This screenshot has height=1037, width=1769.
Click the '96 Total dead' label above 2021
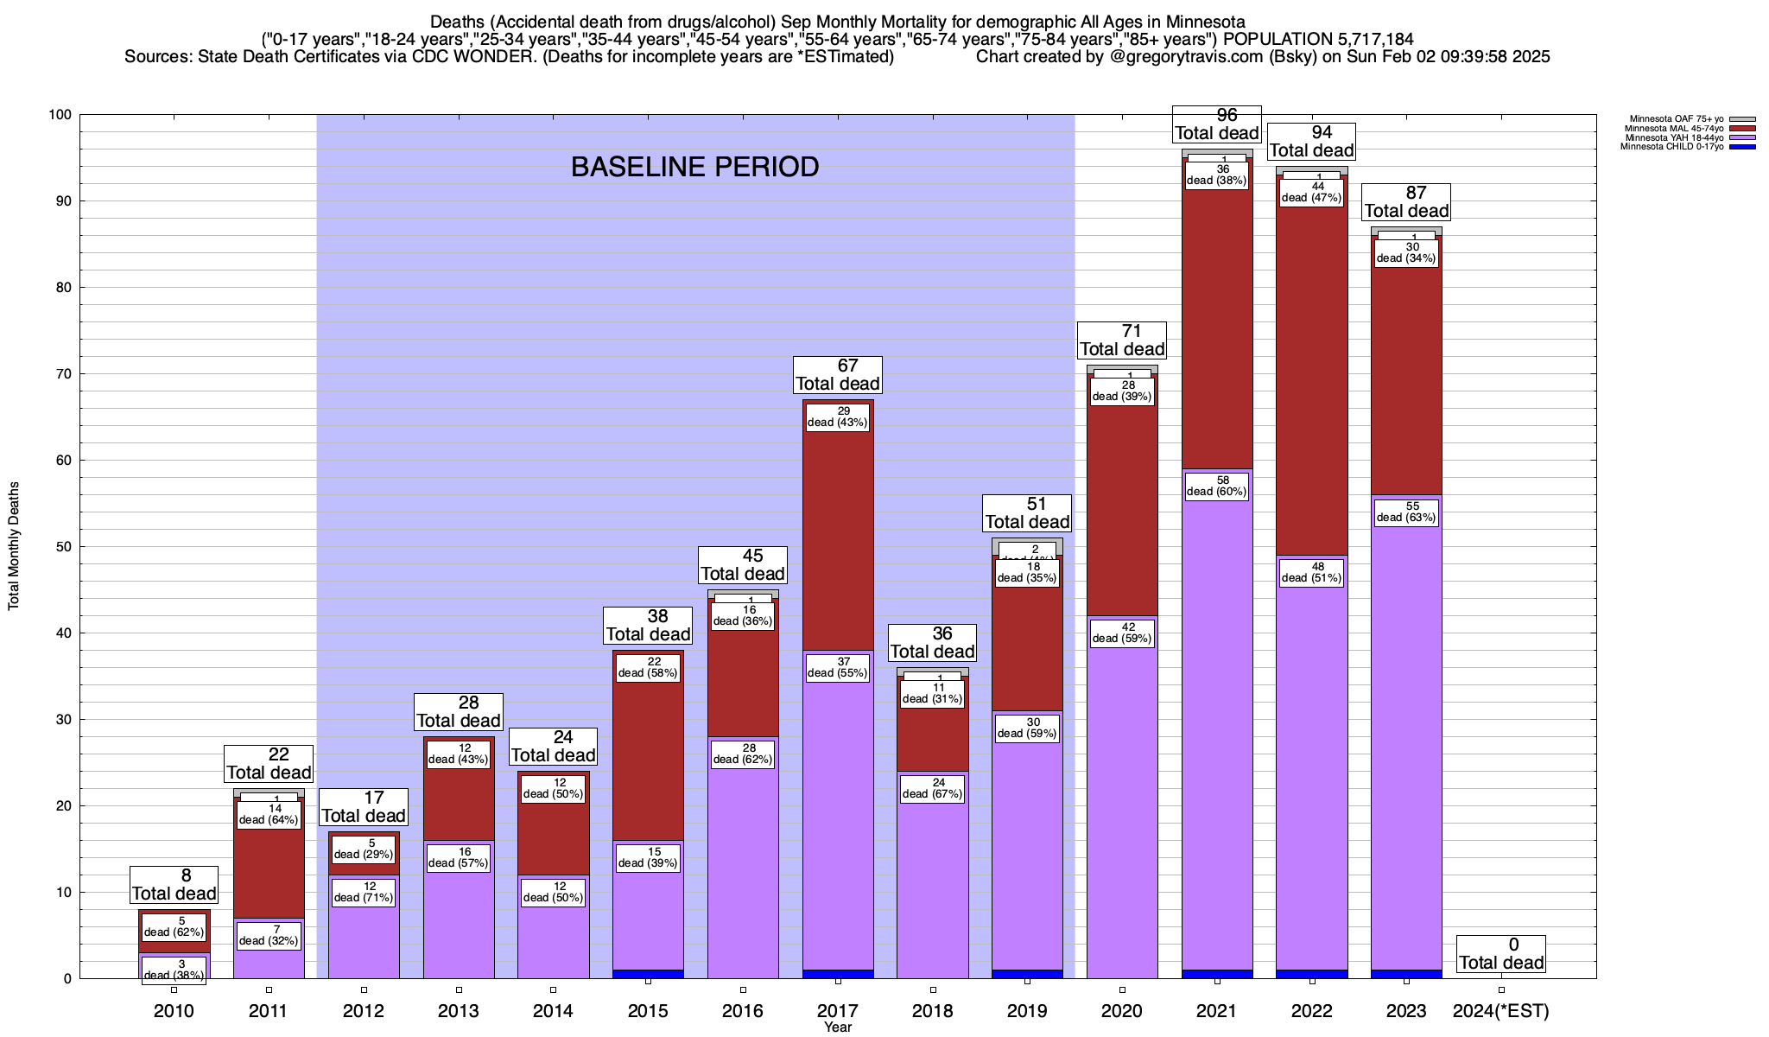click(x=1217, y=124)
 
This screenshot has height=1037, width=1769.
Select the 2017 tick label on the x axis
click(x=837, y=1010)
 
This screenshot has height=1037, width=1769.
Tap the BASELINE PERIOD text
click(x=694, y=167)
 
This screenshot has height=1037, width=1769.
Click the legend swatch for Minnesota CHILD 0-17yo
click(x=1742, y=147)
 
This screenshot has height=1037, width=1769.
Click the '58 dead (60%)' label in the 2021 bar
click(x=1217, y=486)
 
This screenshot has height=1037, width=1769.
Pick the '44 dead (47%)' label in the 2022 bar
click(x=1311, y=192)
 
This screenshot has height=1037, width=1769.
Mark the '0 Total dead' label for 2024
click(x=1501, y=954)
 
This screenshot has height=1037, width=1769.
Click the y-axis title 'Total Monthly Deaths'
click(x=14, y=546)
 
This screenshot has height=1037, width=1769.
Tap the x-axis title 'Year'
click(x=837, y=1027)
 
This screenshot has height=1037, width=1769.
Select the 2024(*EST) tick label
click(x=1501, y=1010)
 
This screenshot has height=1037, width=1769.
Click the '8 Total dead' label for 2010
click(x=174, y=885)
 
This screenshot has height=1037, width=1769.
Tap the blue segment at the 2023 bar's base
click(x=1406, y=974)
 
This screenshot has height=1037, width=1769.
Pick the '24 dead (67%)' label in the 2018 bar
click(x=932, y=788)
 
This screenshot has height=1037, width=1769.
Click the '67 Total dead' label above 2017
click(x=837, y=375)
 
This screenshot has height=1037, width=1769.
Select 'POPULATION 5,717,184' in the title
click(x=1318, y=39)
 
